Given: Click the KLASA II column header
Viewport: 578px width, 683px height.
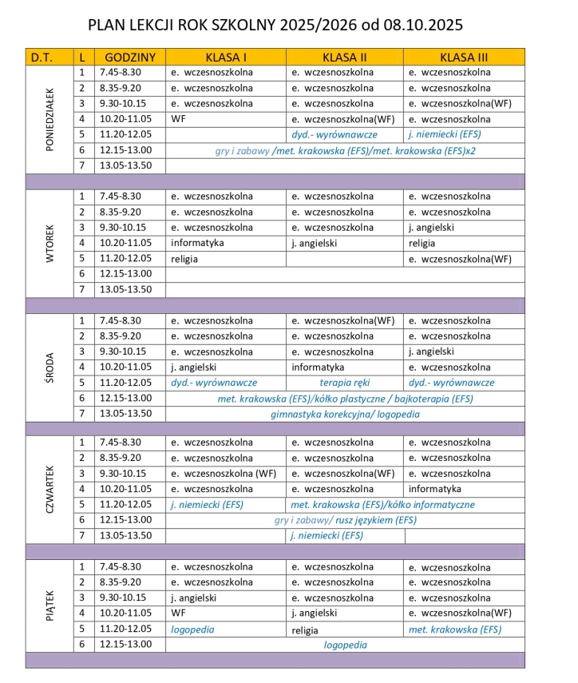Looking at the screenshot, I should pyautogui.click(x=344, y=58).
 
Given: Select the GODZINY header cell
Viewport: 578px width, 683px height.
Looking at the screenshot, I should pyautogui.click(x=129, y=58).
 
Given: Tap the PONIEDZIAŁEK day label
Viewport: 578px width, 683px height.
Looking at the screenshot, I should pyautogui.click(x=49, y=119).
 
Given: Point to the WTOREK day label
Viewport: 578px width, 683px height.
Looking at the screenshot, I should pyautogui.click(x=49, y=243).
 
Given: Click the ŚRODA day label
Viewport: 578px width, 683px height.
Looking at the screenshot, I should pyautogui.click(x=49, y=367).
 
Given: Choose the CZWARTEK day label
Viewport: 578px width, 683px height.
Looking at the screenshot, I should pyautogui.click(x=49, y=490).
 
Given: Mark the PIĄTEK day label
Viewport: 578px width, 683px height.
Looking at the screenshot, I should pyautogui.click(x=49, y=606).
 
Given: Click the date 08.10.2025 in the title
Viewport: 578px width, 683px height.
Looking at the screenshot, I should pyautogui.click(x=423, y=26).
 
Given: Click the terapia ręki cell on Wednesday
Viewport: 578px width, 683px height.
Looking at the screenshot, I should pyautogui.click(x=344, y=383).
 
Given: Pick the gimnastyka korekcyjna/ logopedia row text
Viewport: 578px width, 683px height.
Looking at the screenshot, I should pyautogui.click(x=345, y=414).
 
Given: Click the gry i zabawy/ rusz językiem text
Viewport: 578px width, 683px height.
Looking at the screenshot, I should pyautogui.click(x=345, y=520).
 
